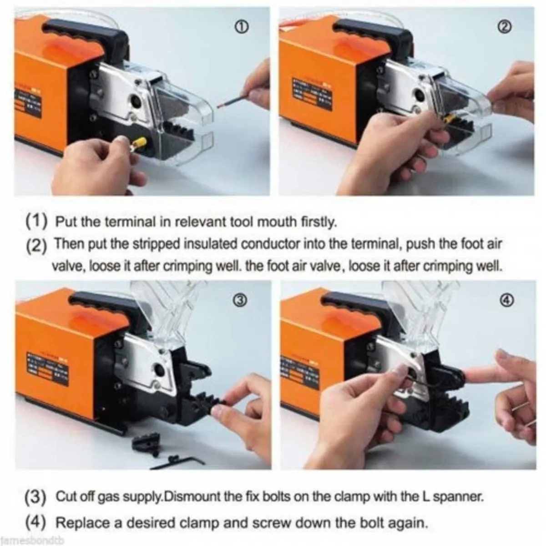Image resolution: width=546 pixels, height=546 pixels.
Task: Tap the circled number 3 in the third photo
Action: pos(242,299)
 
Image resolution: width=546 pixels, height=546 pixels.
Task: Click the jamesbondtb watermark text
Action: pos(34,541)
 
